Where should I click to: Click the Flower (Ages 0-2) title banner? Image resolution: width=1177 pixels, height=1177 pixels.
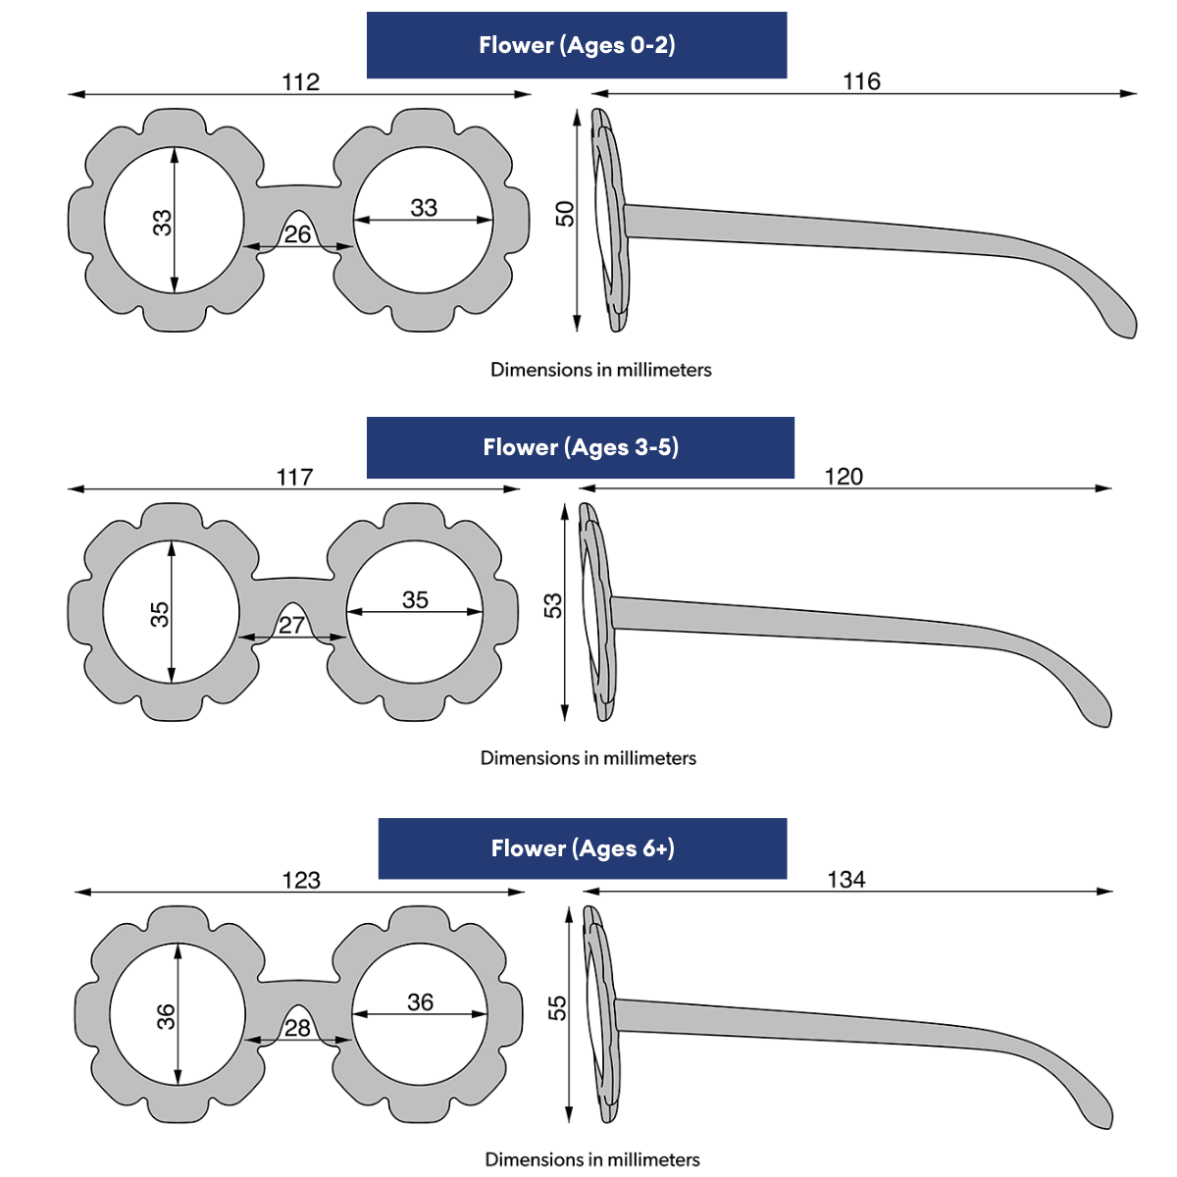click(x=577, y=45)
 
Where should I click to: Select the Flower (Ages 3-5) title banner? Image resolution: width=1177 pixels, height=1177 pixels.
click(x=581, y=447)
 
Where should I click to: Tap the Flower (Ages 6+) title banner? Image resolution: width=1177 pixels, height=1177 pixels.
click(x=583, y=848)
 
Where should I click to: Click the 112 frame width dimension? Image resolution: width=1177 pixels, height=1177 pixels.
click(x=300, y=82)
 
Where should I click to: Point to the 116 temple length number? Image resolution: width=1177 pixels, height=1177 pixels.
click(x=861, y=81)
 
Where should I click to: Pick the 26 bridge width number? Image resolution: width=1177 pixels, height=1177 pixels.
click(x=297, y=234)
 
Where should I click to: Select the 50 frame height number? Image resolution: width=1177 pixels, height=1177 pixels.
click(x=565, y=213)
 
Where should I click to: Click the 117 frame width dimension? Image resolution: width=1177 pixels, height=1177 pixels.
click(x=294, y=478)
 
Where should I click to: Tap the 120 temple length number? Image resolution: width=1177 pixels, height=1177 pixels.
click(x=844, y=477)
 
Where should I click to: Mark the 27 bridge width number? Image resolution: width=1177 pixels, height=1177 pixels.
click(x=291, y=625)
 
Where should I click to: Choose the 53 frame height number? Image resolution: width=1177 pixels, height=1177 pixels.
click(x=553, y=605)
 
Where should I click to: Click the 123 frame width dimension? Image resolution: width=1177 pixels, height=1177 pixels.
click(x=301, y=880)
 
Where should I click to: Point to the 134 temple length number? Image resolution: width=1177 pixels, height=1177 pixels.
click(x=845, y=879)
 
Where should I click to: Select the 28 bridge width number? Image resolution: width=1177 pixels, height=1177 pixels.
click(x=297, y=1027)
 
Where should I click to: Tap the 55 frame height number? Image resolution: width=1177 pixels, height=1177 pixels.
click(x=557, y=1007)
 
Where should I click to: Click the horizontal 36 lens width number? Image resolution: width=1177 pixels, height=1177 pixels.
click(x=420, y=1002)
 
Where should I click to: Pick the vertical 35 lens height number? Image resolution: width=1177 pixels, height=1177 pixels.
click(x=160, y=614)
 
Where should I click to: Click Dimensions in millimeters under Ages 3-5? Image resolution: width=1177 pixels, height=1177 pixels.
click(x=588, y=758)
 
